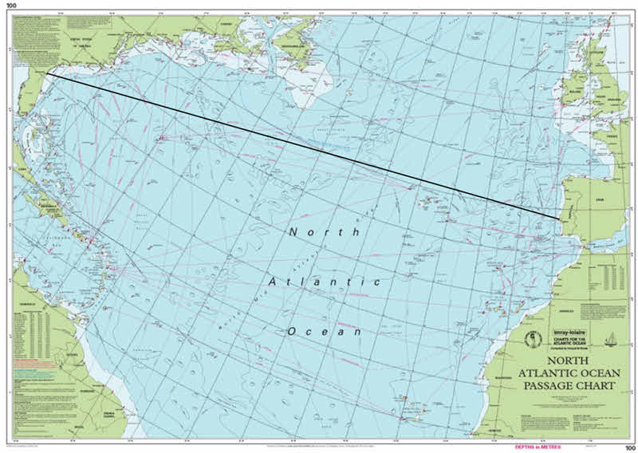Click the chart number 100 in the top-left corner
10,5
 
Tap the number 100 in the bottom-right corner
629,448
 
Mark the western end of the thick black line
46,74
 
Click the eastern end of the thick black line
558,217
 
